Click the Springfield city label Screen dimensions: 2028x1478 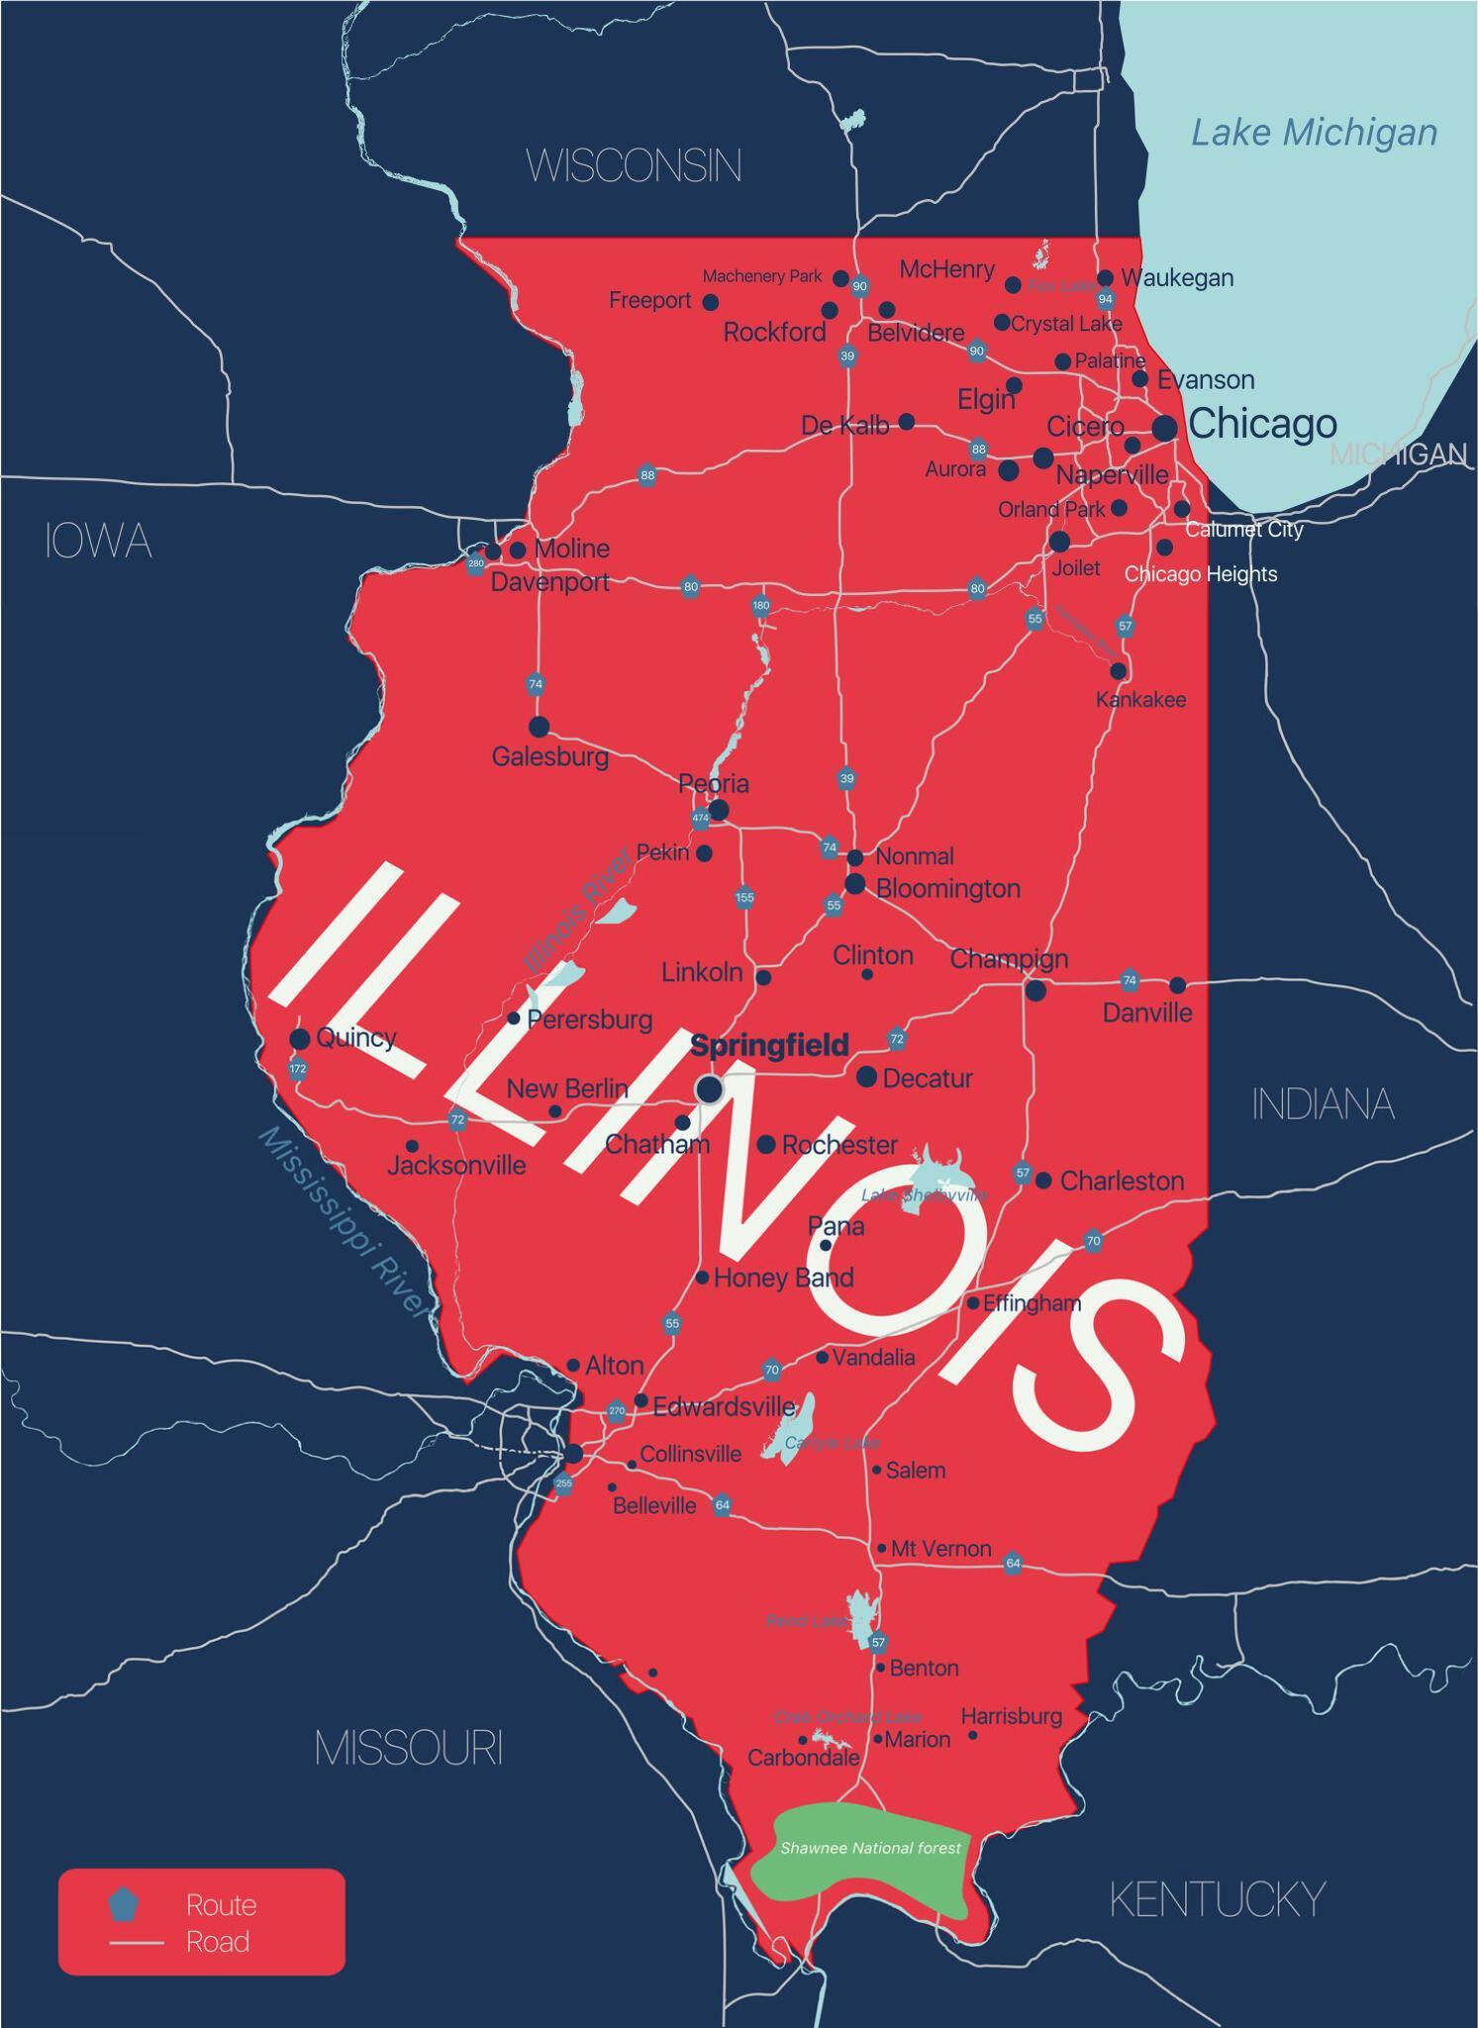769,1045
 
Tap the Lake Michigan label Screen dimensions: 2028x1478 1314,133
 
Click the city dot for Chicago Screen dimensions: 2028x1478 1165,428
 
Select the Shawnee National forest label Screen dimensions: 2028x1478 870,1848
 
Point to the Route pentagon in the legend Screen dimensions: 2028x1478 124,1903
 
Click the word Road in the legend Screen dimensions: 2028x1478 218,1942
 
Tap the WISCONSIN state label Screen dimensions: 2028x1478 634,165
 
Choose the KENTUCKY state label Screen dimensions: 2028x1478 1217,1899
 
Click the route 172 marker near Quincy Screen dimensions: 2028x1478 298,1068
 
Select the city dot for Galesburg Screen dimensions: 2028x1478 539,727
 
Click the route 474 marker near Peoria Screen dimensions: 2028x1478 701,818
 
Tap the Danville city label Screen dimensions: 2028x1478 1147,1013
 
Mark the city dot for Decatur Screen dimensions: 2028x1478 866,1075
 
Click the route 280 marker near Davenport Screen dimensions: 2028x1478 476,563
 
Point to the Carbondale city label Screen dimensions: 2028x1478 803,1758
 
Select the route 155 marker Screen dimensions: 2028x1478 744,897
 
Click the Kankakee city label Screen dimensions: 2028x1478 1140,700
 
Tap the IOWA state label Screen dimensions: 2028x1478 98,542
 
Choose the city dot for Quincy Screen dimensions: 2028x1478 300,1039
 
